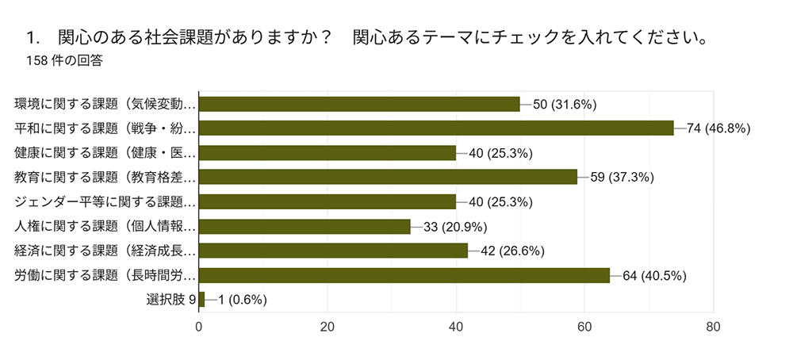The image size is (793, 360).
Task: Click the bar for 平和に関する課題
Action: [x=435, y=128]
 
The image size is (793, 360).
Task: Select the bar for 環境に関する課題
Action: [x=358, y=104]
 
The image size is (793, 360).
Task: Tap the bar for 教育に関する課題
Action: [x=388, y=177]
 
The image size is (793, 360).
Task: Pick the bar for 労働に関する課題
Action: [x=404, y=275]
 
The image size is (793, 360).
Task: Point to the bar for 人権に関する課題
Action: [x=305, y=226]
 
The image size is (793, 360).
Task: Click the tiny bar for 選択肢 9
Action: [x=201, y=300]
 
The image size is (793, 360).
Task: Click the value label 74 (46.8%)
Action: [x=718, y=128]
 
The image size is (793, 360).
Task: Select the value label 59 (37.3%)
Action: [x=622, y=177]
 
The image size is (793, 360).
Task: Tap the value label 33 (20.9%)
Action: [x=455, y=226]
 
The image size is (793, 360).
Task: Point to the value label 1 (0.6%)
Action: [x=242, y=300]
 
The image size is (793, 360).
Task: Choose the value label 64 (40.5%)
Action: [x=654, y=275]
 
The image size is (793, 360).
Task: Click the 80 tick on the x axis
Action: [x=713, y=326]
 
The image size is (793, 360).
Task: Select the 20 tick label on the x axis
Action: [x=328, y=326]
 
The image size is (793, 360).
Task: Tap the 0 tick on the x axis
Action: [x=199, y=326]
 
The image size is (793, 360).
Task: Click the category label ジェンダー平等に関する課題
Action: [x=105, y=201]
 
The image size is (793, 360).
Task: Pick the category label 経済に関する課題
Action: [x=105, y=251]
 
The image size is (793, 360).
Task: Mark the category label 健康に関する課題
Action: [x=105, y=153]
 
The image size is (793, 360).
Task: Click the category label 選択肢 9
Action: [x=170, y=300]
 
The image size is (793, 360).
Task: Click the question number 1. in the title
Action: [x=33, y=37]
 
